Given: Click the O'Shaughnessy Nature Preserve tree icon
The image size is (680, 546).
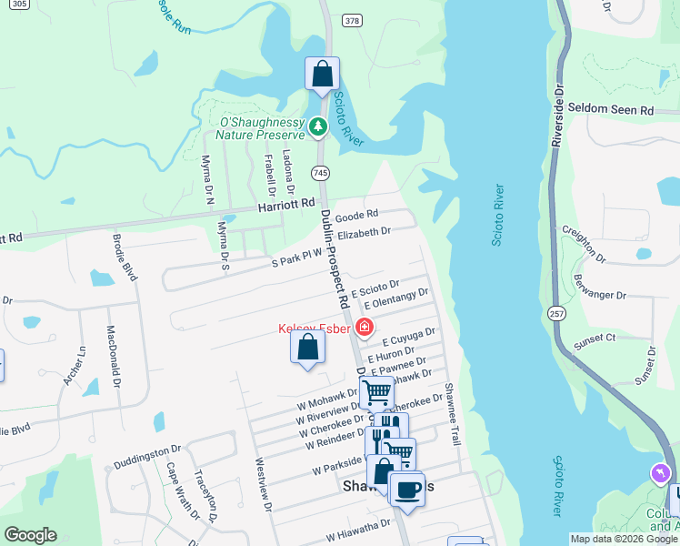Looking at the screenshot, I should (x=318, y=127).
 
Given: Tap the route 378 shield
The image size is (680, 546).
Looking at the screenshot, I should (x=352, y=20).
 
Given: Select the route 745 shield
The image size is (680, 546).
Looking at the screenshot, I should (x=320, y=171).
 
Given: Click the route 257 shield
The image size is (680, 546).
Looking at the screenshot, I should (x=556, y=312).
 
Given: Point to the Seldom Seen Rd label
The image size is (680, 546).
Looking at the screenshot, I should (x=611, y=109).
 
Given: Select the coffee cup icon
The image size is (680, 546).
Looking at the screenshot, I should (x=405, y=489).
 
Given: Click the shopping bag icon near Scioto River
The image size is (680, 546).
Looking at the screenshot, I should (x=322, y=74).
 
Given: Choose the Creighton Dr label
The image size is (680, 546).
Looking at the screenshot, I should (x=582, y=243).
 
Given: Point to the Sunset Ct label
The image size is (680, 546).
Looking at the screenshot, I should (x=595, y=339).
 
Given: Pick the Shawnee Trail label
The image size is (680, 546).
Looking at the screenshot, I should (x=451, y=414).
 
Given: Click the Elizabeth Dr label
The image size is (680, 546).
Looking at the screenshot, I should (x=363, y=233).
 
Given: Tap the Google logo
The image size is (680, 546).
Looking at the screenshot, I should (x=30, y=535).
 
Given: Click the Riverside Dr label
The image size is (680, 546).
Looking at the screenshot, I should (x=558, y=118).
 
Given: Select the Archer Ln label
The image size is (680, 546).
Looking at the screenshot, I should (x=72, y=365).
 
